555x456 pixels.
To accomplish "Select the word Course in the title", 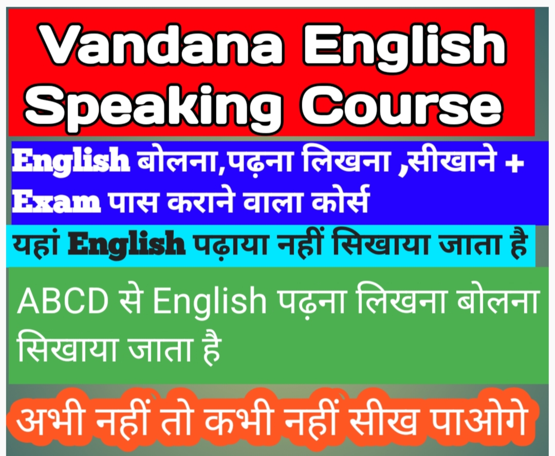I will tap(401, 106).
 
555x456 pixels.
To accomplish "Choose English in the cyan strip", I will tap(127, 245).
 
